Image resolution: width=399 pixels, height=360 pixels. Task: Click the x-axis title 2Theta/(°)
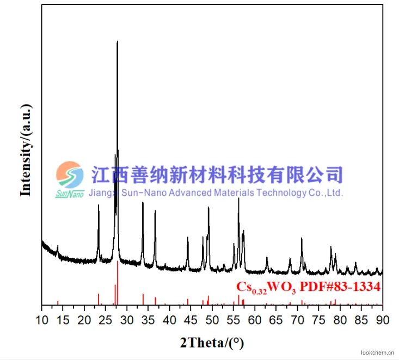click(x=211, y=343)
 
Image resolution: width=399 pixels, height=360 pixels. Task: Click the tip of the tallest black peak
click(x=117, y=42)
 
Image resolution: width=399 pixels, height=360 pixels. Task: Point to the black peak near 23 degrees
click(x=99, y=206)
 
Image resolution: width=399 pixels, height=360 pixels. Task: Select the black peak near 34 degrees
click(x=143, y=203)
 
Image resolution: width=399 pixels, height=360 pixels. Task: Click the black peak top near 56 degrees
click(x=238, y=198)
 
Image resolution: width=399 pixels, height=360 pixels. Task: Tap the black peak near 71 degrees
click(x=302, y=239)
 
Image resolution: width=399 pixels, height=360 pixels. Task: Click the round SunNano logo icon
click(x=70, y=175)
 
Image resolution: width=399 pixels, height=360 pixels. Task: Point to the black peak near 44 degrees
click(x=188, y=238)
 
